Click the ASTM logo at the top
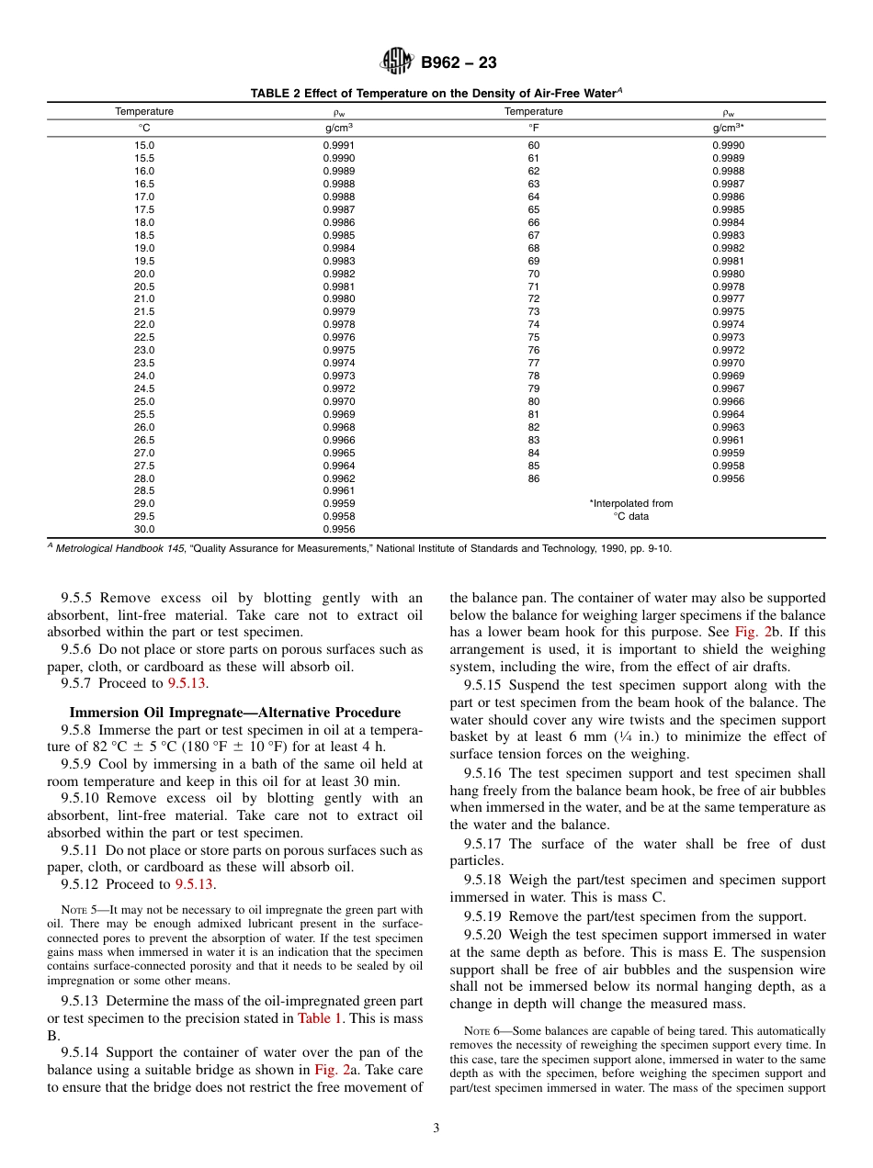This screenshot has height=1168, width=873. coord(398,62)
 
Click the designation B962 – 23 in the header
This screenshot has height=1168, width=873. coord(459,62)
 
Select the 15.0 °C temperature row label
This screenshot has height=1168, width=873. coord(144,145)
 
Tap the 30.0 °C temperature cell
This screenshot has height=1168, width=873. coord(144,529)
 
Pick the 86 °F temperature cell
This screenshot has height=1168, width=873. coord(534,478)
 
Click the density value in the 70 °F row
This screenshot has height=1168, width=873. coord(728,274)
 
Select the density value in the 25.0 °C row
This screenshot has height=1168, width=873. coord(338,401)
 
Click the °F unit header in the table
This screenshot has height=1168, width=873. coord(534,129)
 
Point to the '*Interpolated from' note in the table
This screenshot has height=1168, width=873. coord(630,503)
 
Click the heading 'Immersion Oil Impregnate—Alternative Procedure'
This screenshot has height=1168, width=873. coord(235,713)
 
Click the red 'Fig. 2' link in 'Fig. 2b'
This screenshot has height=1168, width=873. coord(745,633)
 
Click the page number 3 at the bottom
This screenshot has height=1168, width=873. coord(436,1129)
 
